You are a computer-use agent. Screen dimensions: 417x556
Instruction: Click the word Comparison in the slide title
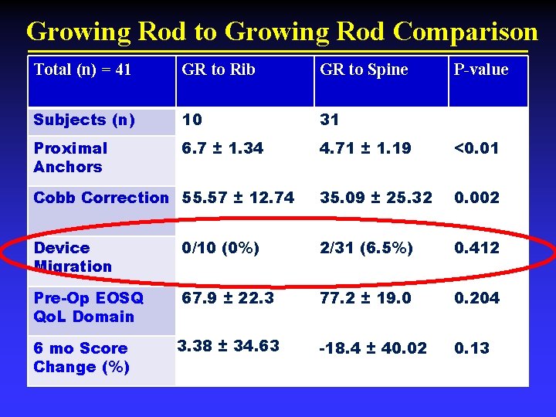point(465,32)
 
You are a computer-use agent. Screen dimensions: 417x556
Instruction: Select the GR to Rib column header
point(218,69)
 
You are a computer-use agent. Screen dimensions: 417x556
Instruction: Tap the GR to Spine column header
point(364,69)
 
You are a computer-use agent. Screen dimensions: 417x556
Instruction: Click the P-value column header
point(480,69)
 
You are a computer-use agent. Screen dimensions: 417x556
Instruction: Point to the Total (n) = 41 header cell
point(83,69)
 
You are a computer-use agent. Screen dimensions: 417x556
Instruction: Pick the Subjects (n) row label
point(84,120)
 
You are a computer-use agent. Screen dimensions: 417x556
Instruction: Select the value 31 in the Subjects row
point(330,120)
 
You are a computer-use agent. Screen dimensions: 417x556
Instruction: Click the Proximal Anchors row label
point(70,158)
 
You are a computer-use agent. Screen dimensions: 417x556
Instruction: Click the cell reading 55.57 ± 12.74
point(239,198)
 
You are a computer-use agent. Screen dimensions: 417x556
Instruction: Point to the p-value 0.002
point(477,198)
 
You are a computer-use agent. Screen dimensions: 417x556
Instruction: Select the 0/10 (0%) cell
point(221,248)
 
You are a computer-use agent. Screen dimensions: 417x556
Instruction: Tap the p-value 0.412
point(477,248)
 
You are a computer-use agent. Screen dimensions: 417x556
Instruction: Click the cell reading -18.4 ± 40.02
point(373,348)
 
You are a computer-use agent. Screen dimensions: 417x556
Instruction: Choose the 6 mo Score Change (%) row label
point(81,358)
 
